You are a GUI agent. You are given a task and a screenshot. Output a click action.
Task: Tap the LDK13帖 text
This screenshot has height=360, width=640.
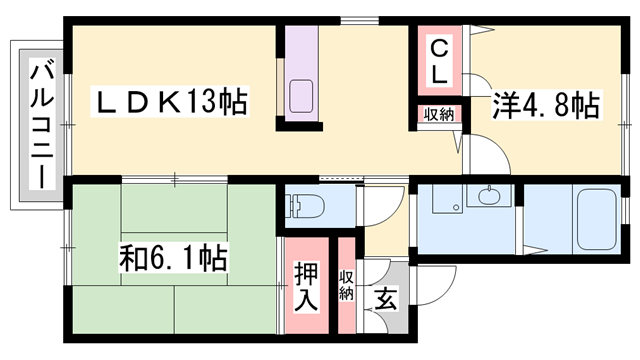click(170, 103)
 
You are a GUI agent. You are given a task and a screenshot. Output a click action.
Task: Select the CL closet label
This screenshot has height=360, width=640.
click(439, 61)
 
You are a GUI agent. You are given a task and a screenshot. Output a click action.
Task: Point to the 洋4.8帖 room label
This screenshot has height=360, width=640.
click(545, 106)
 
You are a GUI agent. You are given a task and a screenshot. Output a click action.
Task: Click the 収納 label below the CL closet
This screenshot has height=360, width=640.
click(438, 115)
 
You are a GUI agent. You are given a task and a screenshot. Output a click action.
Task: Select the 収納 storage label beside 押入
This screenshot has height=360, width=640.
click(346, 284)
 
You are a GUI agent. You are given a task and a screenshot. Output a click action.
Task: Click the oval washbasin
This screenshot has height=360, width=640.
click(489, 197)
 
